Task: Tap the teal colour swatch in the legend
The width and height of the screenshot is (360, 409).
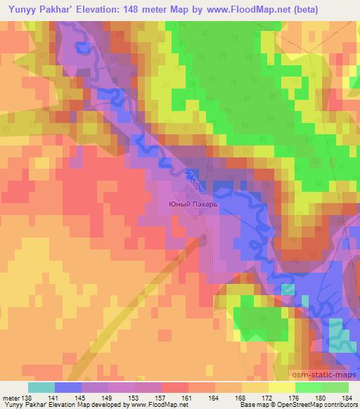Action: click(41, 387)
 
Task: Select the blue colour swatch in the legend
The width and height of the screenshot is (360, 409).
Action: click(67, 387)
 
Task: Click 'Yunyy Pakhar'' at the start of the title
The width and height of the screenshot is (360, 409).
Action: click(35, 9)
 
